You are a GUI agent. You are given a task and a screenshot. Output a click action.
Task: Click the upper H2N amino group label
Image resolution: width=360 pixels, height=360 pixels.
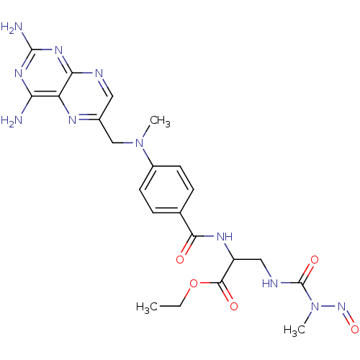[x=12, y=27]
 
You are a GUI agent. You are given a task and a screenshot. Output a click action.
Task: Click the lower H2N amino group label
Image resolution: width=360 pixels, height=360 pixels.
[x=12, y=120]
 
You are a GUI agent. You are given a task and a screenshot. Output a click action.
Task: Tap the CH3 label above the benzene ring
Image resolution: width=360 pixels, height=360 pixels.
[x=160, y=121]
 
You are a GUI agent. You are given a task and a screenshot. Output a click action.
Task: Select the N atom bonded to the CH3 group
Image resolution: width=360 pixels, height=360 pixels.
[x=140, y=143]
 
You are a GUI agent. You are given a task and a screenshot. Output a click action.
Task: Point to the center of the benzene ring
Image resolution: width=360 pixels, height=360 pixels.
[x=166, y=189]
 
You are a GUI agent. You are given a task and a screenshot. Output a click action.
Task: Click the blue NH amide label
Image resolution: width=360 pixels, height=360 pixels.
[x=225, y=237]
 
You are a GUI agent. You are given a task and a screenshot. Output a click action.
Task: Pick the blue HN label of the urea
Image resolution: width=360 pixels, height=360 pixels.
[x=270, y=283]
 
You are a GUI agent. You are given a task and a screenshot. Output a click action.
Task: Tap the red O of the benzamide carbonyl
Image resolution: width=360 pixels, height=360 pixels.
[x=180, y=260]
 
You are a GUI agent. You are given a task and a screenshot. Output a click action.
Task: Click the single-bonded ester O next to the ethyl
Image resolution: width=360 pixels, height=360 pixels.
[x=194, y=283]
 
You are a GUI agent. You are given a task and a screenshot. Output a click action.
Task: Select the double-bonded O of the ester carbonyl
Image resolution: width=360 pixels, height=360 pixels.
[x=234, y=307]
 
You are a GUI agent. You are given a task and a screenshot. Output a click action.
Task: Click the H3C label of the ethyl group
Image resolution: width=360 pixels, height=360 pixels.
[x=147, y=307]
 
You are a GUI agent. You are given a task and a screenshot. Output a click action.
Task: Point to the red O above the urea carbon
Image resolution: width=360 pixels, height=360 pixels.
[x=315, y=260]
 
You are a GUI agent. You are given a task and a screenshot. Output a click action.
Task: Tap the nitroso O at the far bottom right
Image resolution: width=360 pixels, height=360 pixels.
[x=355, y=329]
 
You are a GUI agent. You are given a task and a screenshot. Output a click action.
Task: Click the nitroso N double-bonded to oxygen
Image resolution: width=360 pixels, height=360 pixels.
[x=341, y=307]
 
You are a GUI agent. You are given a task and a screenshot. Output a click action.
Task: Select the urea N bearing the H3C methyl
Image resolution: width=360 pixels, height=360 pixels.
[x=315, y=307]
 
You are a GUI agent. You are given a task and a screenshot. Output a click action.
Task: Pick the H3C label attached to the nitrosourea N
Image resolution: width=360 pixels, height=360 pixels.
[x=294, y=330]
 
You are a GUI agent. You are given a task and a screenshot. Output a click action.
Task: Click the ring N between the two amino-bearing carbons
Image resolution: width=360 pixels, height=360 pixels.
[x=19, y=73]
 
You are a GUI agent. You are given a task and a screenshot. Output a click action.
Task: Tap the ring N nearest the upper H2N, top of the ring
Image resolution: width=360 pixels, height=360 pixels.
[x=59, y=50]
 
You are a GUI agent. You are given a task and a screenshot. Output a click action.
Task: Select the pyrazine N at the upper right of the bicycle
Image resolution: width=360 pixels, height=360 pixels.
[x=99, y=73]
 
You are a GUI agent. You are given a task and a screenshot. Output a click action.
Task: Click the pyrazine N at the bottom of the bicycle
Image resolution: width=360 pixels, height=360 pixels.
[x=72, y=120]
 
